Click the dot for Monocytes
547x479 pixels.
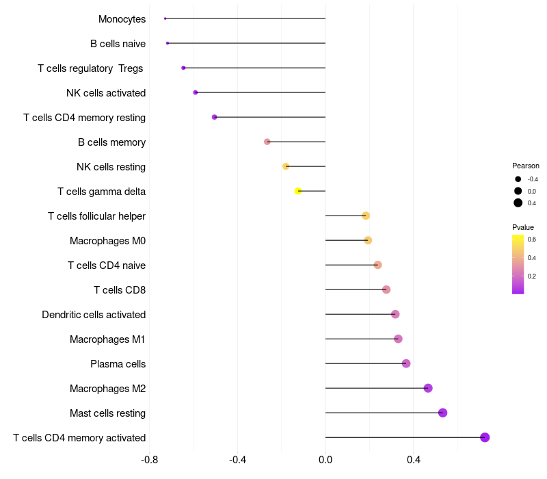point(165,18)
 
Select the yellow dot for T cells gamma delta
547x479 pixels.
point(298,191)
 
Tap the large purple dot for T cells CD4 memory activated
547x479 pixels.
point(485,437)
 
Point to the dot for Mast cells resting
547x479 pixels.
point(442,413)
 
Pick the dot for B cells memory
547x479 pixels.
point(267,142)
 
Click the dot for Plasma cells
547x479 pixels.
point(406,363)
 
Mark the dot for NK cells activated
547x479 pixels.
point(196,92)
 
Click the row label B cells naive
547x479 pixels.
point(118,44)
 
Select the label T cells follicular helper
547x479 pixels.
point(96,216)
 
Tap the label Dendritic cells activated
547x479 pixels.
point(94,315)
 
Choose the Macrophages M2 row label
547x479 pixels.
point(107,389)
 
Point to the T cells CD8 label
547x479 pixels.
point(120,290)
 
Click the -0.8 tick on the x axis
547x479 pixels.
point(149,459)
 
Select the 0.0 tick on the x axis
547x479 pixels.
point(325,459)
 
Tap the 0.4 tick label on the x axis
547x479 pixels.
point(414,459)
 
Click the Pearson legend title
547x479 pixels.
point(526,166)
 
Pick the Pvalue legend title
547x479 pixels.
point(523,227)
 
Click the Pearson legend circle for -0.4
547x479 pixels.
point(518,179)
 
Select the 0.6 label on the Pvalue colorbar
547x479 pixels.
point(531,239)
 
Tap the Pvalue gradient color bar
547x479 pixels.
point(518,264)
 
